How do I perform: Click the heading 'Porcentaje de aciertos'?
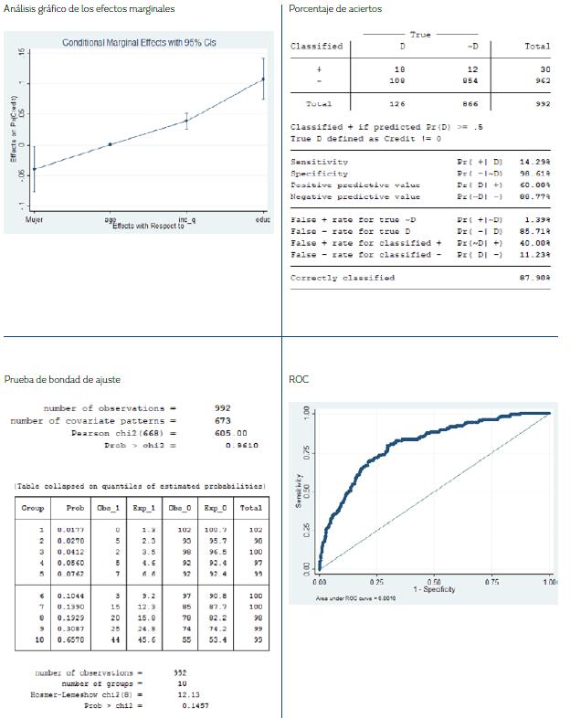(x=335, y=9)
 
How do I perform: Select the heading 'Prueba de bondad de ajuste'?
(x=62, y=379)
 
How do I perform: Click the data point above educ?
(x=263, y=79)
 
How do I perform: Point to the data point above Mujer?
(x=35, y=169)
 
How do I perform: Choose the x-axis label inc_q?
(x=185, y=220)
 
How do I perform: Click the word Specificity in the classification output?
(x=319, y=173)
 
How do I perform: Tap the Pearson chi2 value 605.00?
(x=230, y=433)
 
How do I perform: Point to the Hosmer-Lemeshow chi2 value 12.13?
(x=189, y=694)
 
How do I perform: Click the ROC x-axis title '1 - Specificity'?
(x=434, y=589)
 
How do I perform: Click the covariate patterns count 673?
(x=223, y=420)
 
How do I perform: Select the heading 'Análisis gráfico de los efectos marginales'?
(x=90, y=9)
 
